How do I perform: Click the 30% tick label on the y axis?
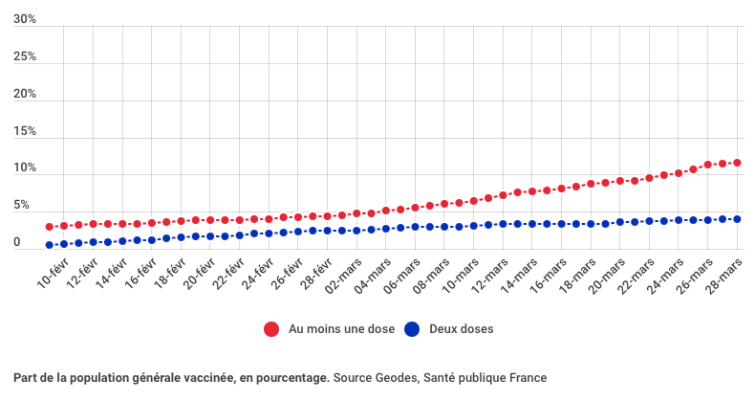point(25,19)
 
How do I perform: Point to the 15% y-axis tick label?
point(25,131)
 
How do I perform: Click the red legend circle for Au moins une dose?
point(272,329)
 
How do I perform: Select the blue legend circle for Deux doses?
point(413,329)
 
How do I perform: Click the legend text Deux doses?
point(462,329)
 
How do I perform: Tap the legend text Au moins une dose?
point(341,329)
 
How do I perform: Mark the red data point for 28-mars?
point(737,163)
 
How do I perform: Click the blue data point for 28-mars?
point(737,219)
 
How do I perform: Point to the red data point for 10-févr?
point(50,227)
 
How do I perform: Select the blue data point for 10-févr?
point(50,245)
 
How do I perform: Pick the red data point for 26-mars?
point(708,165)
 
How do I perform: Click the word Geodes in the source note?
point(395,378)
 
